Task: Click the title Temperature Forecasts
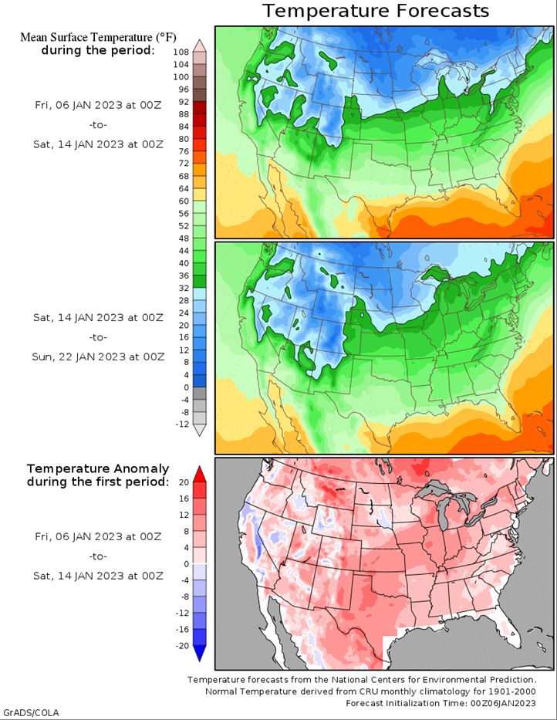[376, 11]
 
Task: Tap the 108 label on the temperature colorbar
[181, 52]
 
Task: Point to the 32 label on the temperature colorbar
[184, 289]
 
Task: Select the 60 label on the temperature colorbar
[184, 201]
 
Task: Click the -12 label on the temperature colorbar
[182, 424]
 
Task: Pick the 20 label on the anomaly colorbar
[184, 482]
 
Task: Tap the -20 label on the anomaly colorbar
[183, 646]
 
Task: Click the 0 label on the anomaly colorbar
[187, 564]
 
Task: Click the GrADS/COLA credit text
[31, 712]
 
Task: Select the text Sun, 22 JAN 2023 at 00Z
[98, 357]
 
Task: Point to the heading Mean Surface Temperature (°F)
[98, 37]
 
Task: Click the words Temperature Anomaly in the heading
[98, 469]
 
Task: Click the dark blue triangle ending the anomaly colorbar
[199, 654]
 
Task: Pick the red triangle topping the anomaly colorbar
[199, 475]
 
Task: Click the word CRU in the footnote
[367, 691]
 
